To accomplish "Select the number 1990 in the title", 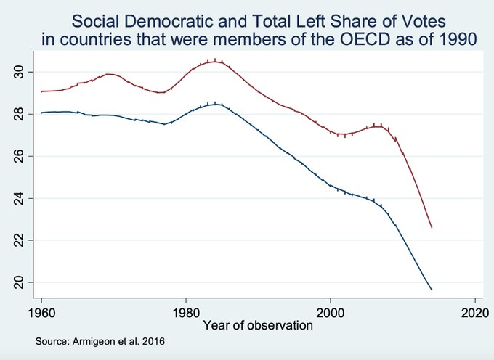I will tap(461, 41).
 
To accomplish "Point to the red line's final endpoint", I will tap(432, 227).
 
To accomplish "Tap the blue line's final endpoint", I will tap(432, 290).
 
